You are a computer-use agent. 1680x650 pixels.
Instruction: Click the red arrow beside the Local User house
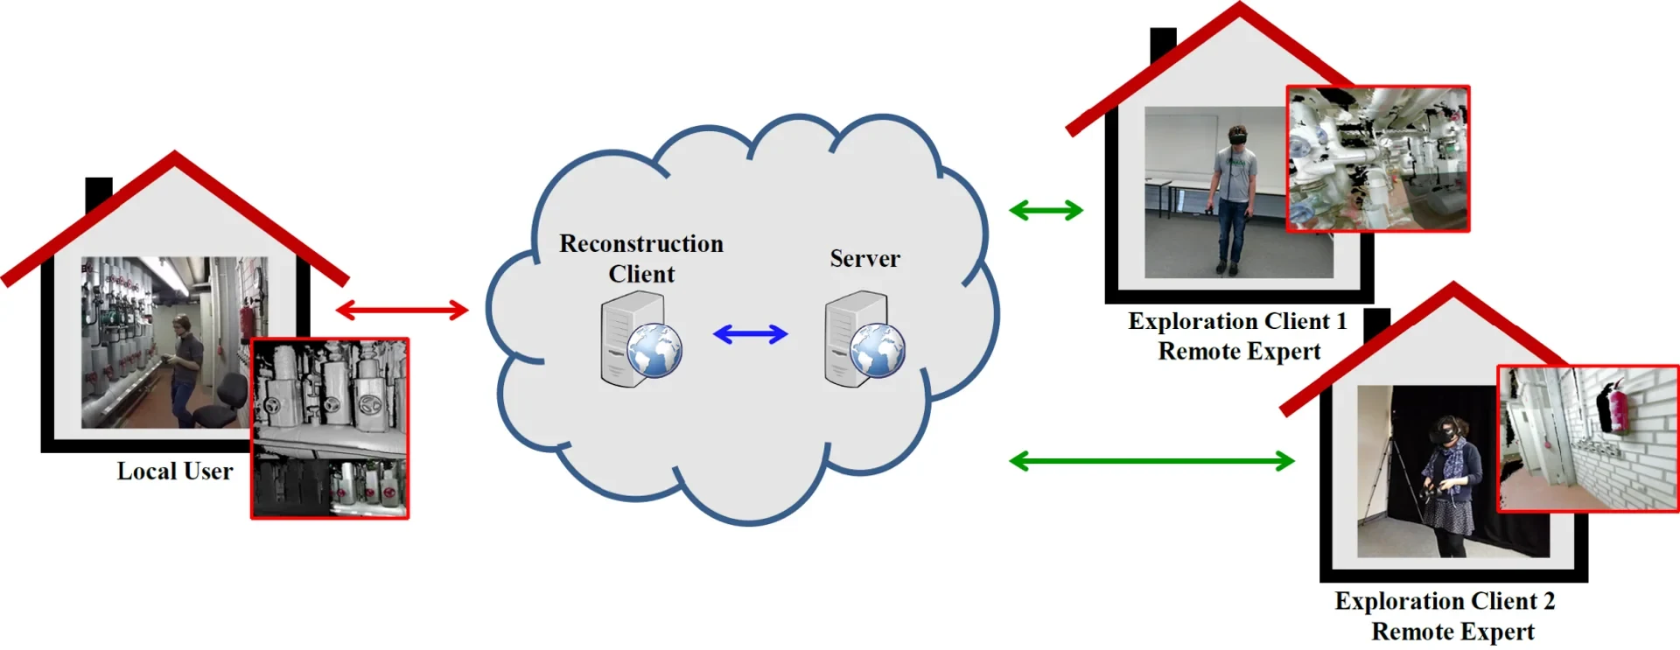coord(402,310)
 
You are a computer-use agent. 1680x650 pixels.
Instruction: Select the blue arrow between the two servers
coord(750,334)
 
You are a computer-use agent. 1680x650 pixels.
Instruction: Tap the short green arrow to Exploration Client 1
coord(1046,210)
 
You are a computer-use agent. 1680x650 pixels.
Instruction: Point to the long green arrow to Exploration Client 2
coord(1151,461)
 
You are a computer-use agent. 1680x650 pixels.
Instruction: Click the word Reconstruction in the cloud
coord(640,243)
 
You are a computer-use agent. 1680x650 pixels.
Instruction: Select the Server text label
coord(864,259)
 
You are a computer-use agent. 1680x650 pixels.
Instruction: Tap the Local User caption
coord(175,472)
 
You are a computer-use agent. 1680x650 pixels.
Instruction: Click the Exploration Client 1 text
coord(1236,321)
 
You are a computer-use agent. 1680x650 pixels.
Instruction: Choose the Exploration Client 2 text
coord(1444,601)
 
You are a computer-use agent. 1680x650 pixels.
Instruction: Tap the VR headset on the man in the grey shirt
coord(1237,136)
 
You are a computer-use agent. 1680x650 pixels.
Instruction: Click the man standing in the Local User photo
coord(183,367)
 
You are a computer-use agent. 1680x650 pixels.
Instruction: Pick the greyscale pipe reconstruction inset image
coord(330,429)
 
